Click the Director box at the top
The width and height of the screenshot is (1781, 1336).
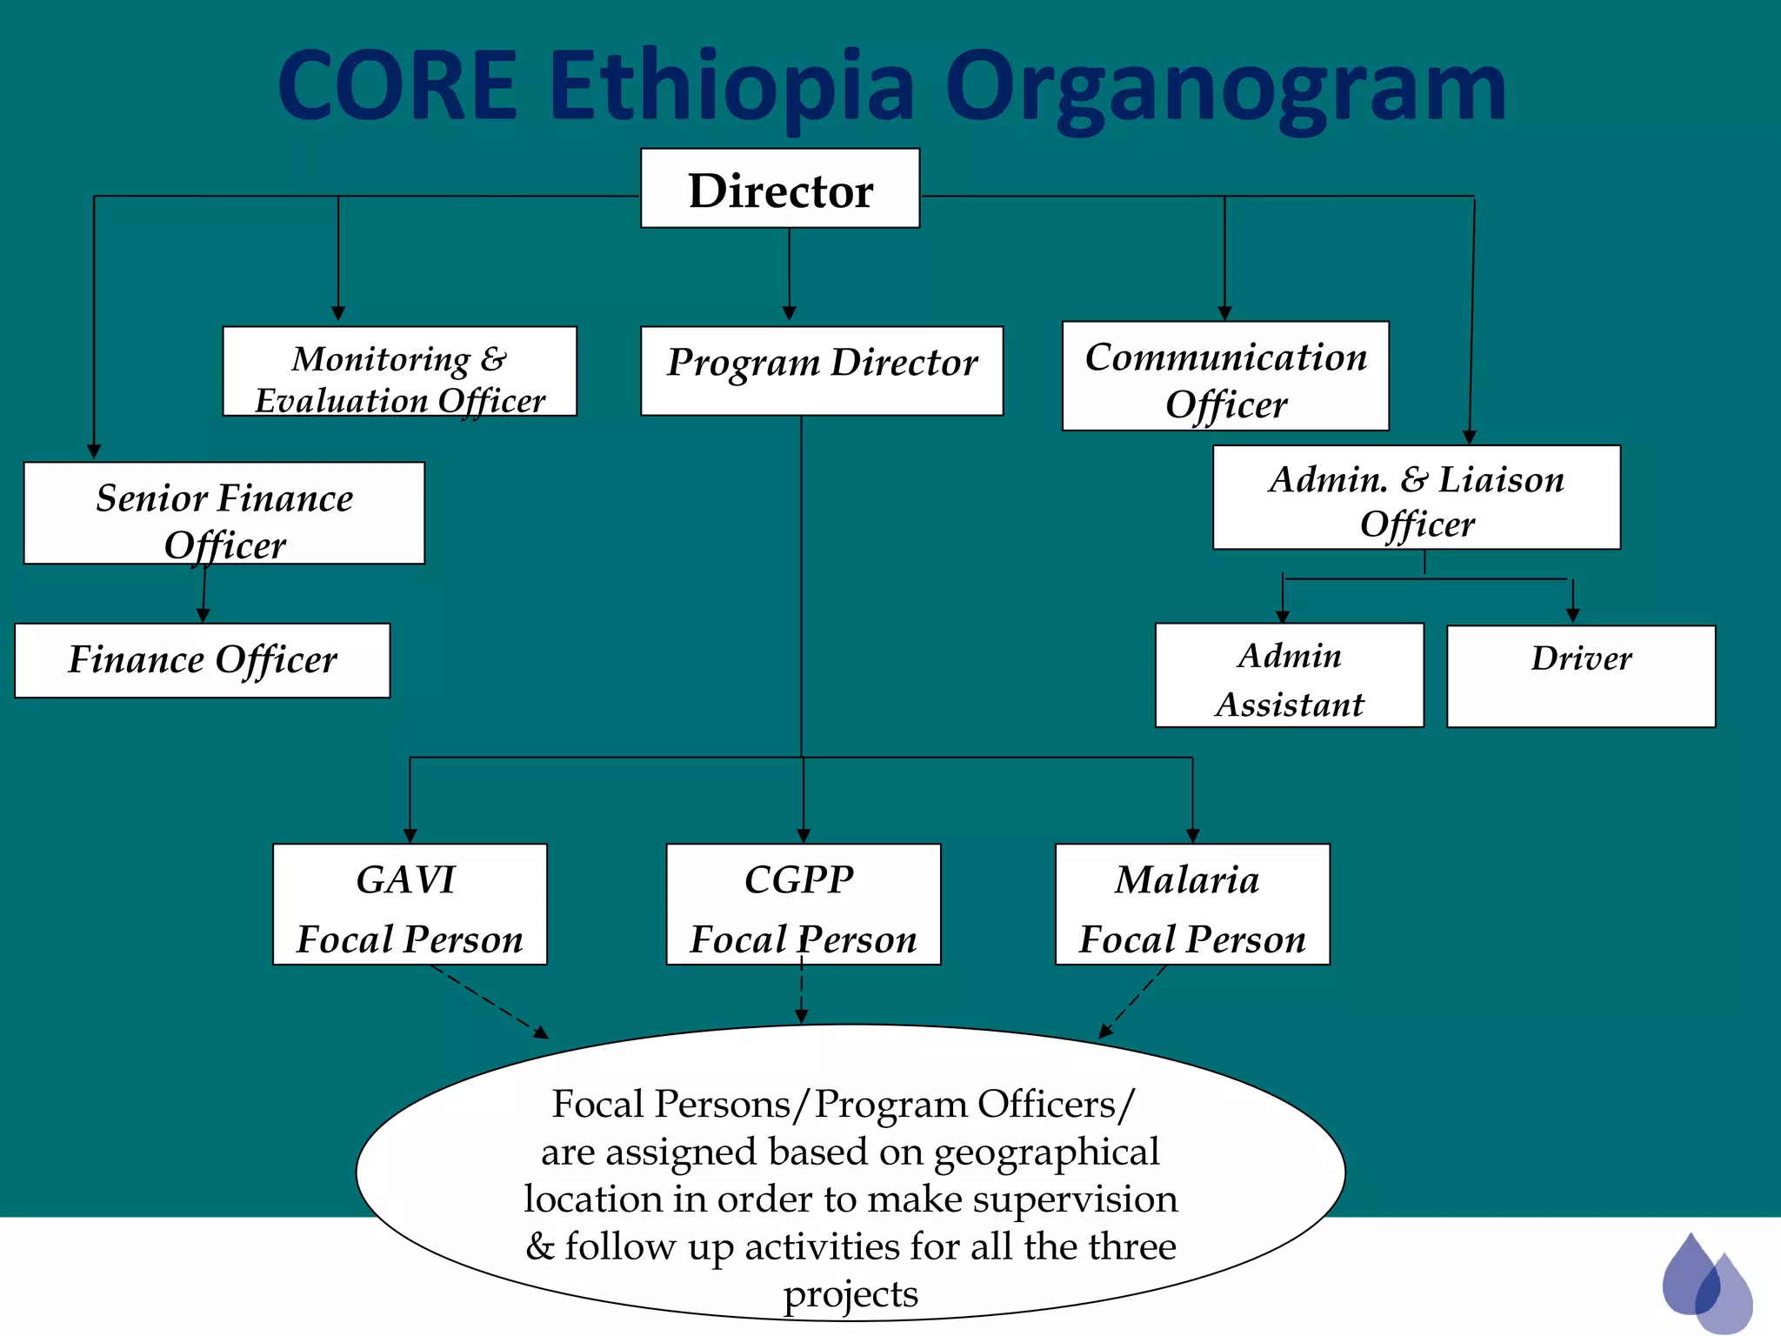tap(780, 189)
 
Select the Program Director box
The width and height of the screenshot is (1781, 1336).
tap(821, 371)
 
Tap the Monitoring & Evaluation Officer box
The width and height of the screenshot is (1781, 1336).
tap(399, 371)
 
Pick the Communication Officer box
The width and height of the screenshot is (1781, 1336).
tap(1224, 376)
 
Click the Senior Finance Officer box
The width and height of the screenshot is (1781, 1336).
tap(223, 513)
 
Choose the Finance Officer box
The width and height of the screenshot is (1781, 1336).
tap(202, 660)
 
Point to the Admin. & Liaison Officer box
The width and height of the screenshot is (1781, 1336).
tap(1416, 498)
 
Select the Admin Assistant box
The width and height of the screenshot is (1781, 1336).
tap(1289, 675)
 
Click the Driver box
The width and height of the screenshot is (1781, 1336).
tap(1580, 676)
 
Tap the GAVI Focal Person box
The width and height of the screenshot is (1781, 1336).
tap(410, 904)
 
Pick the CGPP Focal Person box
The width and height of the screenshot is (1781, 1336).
tap(803, 904)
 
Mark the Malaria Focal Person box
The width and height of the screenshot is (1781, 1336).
tap(1191, 904)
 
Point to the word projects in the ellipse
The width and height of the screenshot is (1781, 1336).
tap(850, 1294)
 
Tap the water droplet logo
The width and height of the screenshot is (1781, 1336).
tap(1705, 1281)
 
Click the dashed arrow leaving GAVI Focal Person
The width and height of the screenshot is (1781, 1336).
tap(489, 1001)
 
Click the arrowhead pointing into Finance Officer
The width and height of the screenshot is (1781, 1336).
tap(203, 615)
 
